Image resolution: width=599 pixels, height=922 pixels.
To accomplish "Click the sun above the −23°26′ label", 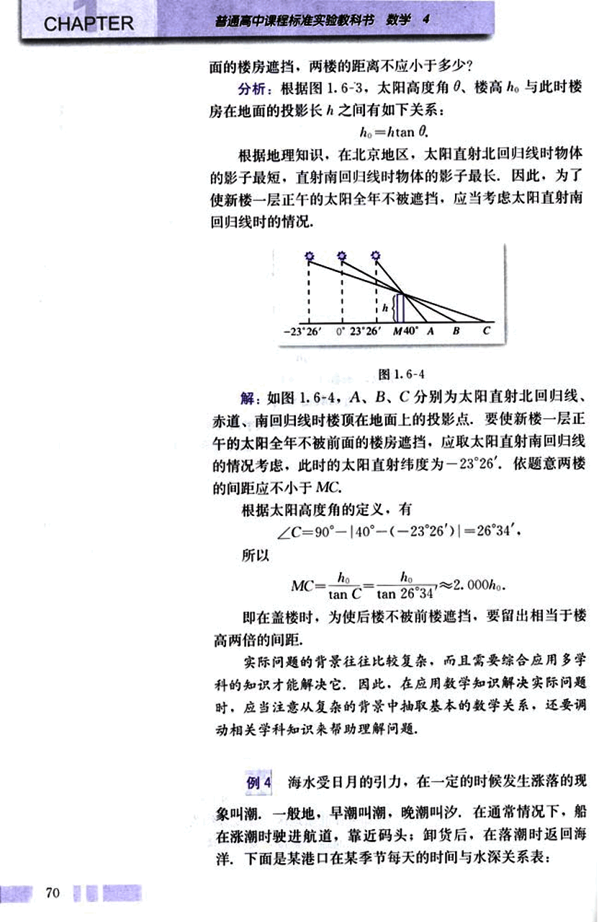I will point(309,256).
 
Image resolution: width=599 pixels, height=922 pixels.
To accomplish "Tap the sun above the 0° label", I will point(342,256).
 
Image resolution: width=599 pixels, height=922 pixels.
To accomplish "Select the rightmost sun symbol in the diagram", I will point(376,256).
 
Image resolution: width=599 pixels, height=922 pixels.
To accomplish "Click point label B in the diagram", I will point(456,332).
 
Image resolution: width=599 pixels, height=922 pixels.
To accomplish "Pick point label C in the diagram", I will point(487,332).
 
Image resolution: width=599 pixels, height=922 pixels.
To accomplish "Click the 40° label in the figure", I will point(410,332).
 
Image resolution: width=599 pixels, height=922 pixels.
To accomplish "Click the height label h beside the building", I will point(386,307).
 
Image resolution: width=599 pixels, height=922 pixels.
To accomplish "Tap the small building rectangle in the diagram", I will point(400,307).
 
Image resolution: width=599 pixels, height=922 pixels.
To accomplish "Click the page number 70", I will point(51,893).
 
